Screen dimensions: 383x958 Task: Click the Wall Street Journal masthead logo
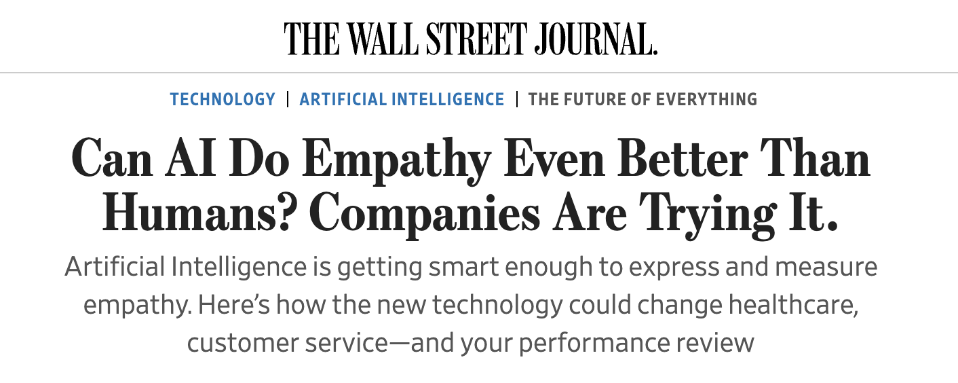tap(471, 39)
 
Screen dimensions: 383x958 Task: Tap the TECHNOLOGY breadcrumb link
tap(223, 99)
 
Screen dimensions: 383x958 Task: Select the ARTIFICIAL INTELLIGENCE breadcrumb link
tap(402, 99)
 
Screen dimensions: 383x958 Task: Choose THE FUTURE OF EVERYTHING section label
tap(643, 99)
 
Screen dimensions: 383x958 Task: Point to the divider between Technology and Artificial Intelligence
tap(288, 99)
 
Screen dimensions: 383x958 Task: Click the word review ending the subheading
tap(720, 342)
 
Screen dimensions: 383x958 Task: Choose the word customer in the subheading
tap(239, 342)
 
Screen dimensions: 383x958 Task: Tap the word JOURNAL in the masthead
tap(594, 39)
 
